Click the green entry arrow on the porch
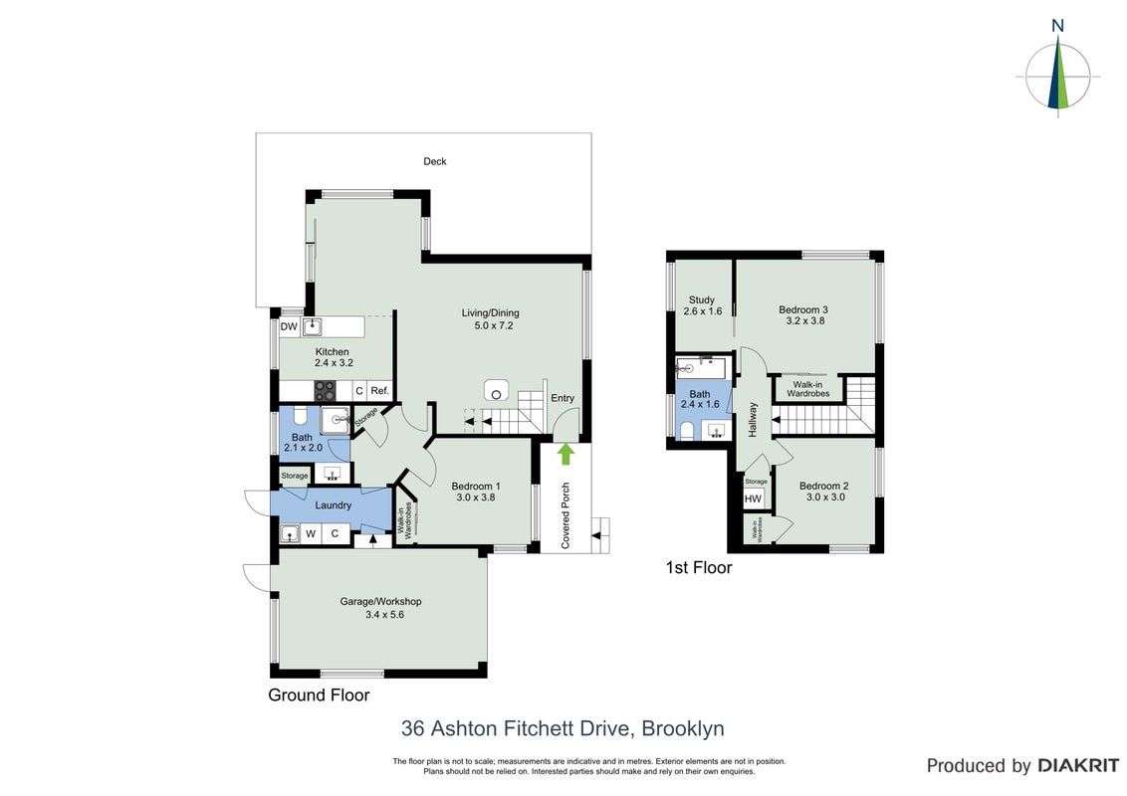pos(566,454)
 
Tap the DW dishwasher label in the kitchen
pos(289,327)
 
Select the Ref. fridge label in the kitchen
pos(379,391)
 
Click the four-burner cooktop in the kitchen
pos(325,391)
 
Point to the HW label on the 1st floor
pos(753,498)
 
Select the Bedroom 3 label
pos(803,309)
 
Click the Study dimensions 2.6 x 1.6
pos(702,311)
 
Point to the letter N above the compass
pos(1057,26)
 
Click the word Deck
pos(435,161)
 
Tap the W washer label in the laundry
pos(312,533)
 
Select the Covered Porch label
pos(565,515)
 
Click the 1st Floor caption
pos(699,567)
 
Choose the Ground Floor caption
pos(320,695)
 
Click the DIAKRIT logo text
pos(1078,765)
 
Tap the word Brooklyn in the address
pos(683,728)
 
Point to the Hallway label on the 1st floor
pos(753,420)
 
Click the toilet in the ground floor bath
pos(301,417)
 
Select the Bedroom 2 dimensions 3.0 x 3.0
pos(825,497)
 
